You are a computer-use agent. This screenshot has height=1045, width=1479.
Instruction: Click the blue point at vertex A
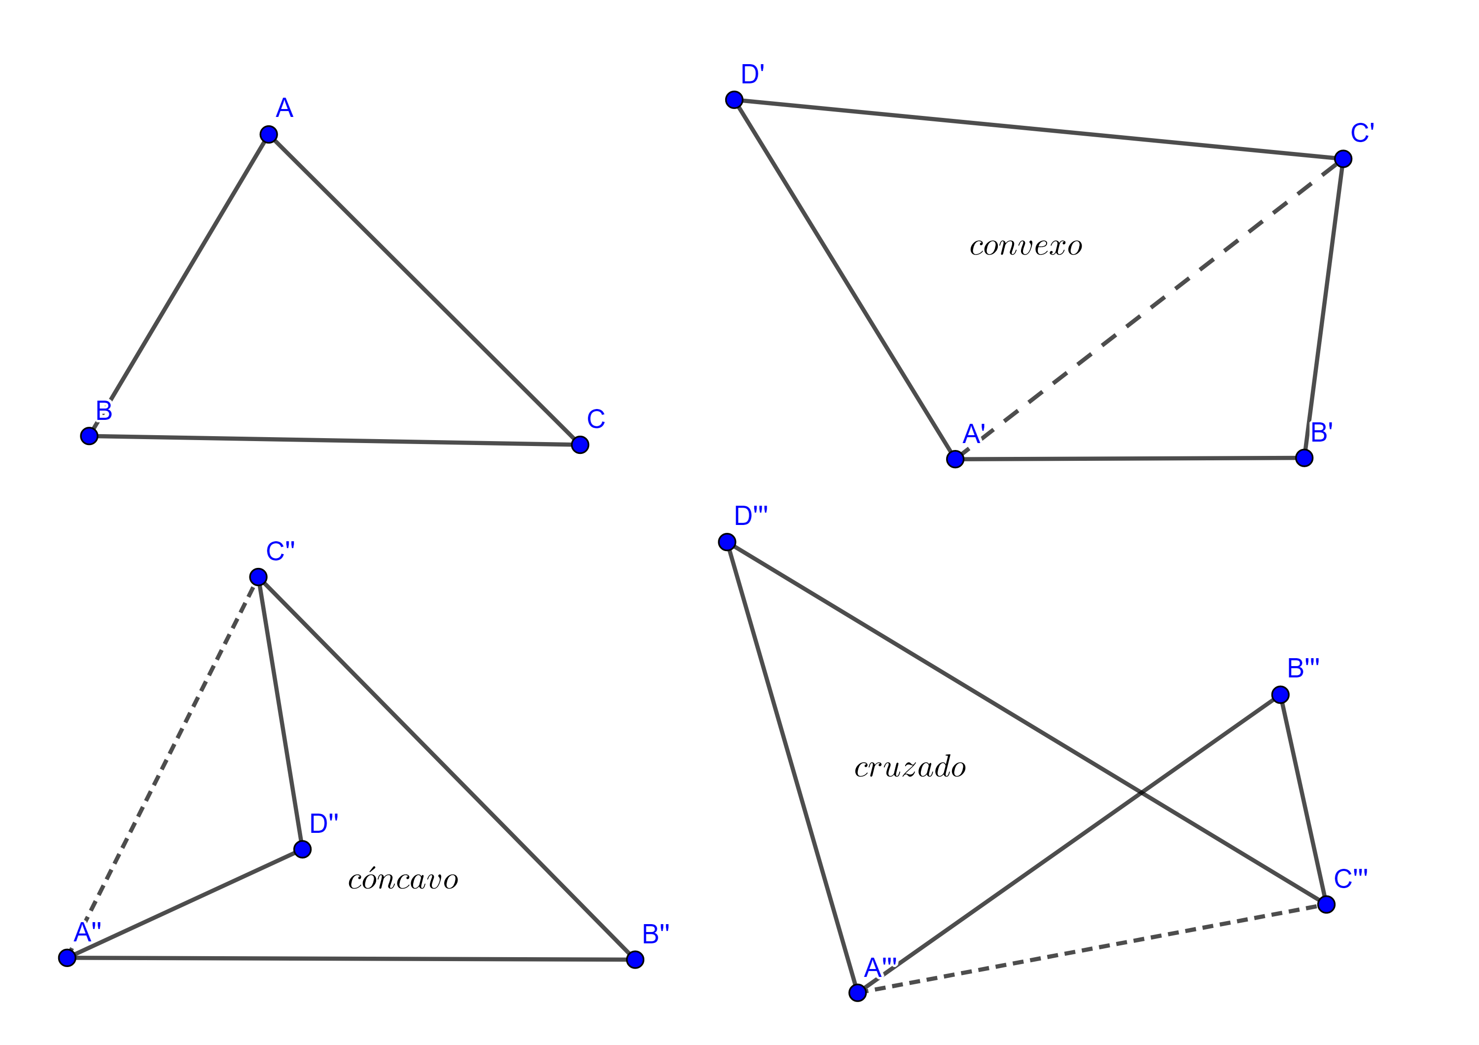tap(269, 134)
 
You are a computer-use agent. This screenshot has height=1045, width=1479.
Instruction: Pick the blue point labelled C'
tap(1342, 158)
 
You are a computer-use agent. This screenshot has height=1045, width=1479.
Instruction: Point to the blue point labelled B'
tap(1304, 458)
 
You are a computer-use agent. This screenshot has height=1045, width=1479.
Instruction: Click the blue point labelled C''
tap(258, 576)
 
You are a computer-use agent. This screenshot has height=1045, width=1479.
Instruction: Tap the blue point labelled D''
tap(302, 849)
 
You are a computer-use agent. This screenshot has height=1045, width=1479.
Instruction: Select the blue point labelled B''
tap(635, 959)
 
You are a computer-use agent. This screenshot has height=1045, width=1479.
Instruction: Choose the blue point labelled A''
tap(67, 957)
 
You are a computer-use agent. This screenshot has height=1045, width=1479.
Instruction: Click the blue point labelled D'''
tap(727, 542)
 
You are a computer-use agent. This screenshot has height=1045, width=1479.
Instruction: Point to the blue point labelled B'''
tap(1280, 694)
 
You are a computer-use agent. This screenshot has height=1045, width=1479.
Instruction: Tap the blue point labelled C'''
tap(1326, 904)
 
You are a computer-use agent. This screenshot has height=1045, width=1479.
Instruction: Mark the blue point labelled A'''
tap(857, 993)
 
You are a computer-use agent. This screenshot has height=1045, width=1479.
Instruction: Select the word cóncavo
tap(403, 879)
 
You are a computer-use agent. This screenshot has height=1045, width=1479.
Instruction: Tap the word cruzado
tap(910, 767)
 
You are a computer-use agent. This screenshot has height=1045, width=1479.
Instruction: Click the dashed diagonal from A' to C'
tap(1149, 309)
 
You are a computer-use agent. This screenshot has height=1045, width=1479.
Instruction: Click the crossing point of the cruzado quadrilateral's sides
tap(1141, 792)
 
